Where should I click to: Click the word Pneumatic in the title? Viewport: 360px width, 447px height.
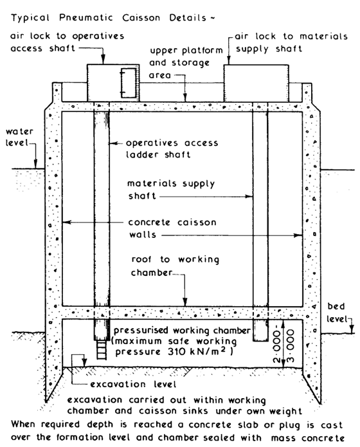(x=85, y=17)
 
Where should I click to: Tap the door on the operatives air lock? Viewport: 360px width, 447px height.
(x=128, y=83)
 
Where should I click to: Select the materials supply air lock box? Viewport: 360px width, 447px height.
(x=256, y=83)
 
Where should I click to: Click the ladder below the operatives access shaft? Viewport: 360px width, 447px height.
(x=102, y=349)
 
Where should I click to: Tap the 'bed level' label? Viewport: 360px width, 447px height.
(x=337, y=313)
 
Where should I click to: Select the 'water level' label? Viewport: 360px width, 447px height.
(x=19, y=137)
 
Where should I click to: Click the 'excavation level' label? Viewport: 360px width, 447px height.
(x=133, y=384)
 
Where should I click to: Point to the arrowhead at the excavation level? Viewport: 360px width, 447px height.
(x=84, y=363)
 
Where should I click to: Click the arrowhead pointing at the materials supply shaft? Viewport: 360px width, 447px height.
(x=249, y=196)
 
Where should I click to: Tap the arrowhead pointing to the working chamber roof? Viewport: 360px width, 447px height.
(x=185, y=302)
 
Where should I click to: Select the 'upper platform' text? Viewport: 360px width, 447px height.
(x=186, y=51)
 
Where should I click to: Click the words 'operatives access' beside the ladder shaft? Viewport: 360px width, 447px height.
(x=172, y=143)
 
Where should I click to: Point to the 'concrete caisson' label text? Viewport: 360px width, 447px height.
(x=172, y=223)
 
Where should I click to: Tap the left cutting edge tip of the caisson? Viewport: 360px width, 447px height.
(x=46, y=401)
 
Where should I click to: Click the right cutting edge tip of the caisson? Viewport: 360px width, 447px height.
(x=319, y=402)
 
